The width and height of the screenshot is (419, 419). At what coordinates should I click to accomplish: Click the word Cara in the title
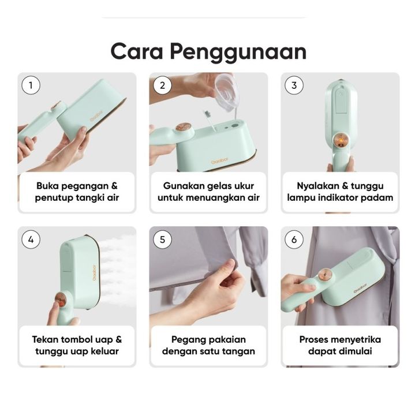pyautogui.click(x=137, y=51)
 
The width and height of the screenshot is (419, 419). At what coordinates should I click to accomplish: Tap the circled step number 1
pyautogui.click(x=31, y=85)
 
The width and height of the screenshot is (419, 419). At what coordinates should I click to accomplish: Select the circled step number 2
pyautogui.click(x=163, y=85)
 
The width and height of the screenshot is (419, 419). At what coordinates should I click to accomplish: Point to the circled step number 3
pyautogui.click(x=294, y=85)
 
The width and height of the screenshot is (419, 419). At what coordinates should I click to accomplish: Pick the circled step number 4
pyautogui.click(x=31, y=240)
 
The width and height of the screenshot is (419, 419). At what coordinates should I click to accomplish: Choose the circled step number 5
pyautogui.click(x=163, y=240)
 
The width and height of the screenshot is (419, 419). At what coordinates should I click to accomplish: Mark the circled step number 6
pyautogui.click(x=294, y=240)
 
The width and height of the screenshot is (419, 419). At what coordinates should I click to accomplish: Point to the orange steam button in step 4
pyautogui.click(x=61, y=300)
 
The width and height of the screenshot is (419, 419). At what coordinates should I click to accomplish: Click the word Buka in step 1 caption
pyautogui.click(x=47, y=186)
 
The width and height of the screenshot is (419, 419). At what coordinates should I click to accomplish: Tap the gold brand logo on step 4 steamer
pyautogui.click(x=94, y=273)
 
